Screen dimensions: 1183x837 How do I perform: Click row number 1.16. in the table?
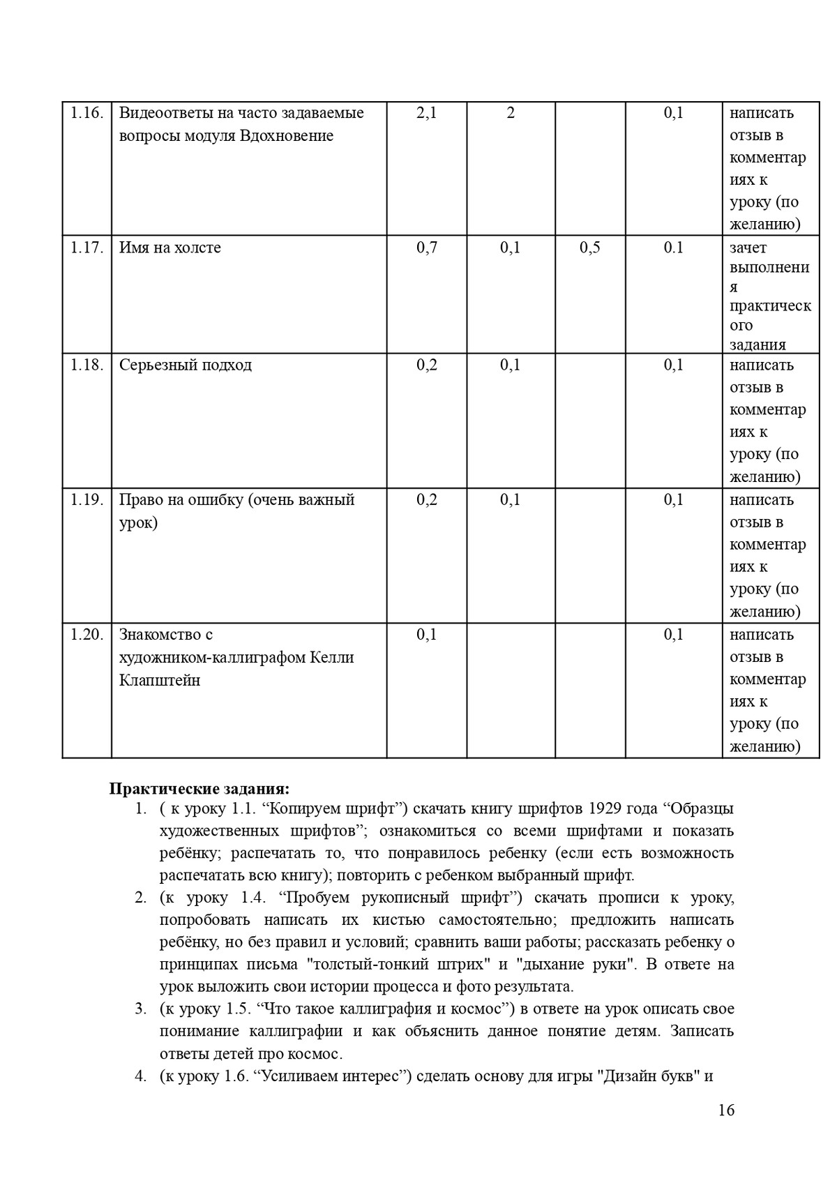pos(86,113)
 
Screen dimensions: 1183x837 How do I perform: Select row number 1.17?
pos(86,248)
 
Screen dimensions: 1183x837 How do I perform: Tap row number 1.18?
pos(86,365)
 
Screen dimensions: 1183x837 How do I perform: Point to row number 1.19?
pos(86,499)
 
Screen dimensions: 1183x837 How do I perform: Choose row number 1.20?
pos(86,635)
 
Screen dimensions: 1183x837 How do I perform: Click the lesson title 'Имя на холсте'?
pos(170,248)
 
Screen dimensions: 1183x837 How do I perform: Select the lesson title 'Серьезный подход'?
pos(186,365)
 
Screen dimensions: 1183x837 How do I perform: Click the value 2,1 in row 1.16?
pos(426,113)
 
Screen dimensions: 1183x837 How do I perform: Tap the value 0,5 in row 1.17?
pos(589,248)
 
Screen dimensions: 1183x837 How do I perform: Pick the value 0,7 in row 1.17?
pos(426,248)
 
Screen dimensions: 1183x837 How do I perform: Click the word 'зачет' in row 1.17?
pos(748,248)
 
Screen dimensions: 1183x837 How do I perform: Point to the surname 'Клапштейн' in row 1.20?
pos(160,680)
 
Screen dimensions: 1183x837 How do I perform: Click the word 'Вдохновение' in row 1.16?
pos(287,135)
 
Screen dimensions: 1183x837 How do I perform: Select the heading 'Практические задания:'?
pos(199,789)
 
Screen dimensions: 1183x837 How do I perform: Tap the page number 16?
pos(725,1110)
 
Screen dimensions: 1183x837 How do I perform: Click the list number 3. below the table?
pos(140,1009)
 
